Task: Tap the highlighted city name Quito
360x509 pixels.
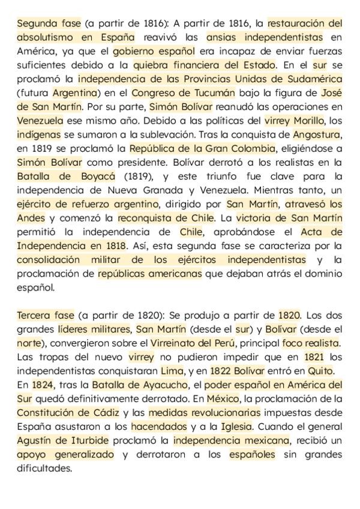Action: point(320,370)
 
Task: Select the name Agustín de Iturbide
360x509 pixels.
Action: point(58,440)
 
